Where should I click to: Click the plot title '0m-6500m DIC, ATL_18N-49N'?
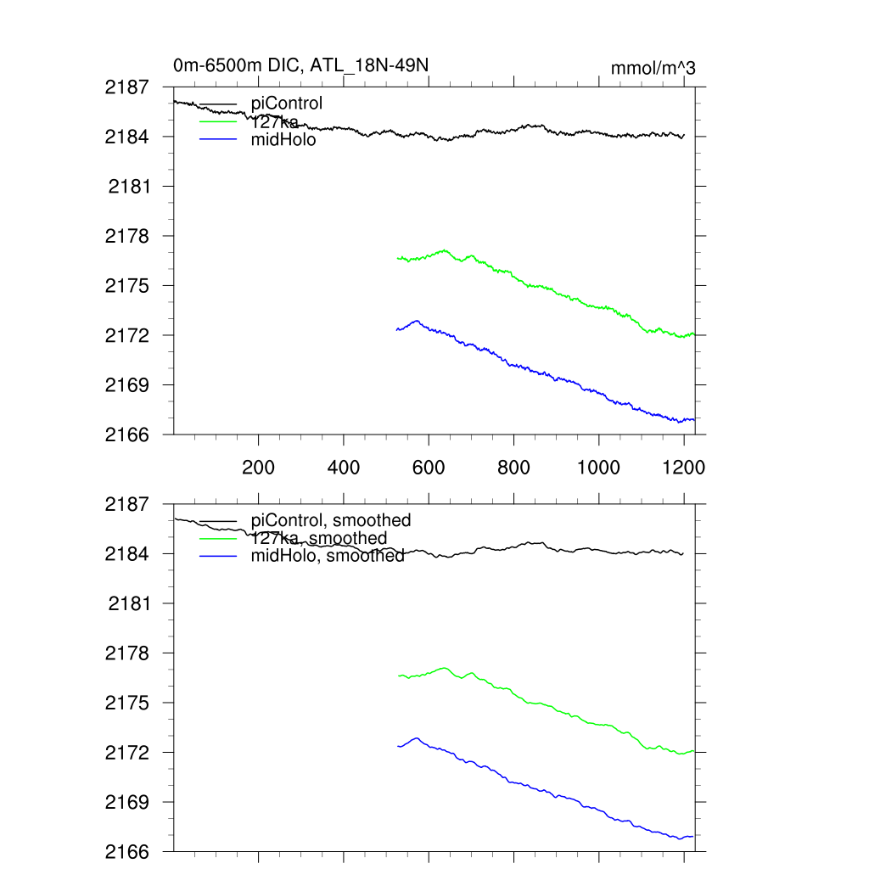click(306, 65)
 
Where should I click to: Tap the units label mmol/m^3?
click(653, 68)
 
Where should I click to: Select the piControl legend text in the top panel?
click(287, 104)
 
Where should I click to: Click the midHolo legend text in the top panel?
click(283, 140)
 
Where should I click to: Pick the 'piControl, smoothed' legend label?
click(331, 520)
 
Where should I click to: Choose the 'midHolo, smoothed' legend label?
click(328, 557)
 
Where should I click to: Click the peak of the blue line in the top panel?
click(417, 321)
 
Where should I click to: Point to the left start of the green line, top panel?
click(397, 258)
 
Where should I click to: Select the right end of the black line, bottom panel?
click(683, 554)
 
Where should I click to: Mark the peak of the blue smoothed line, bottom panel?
click(417, 738)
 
